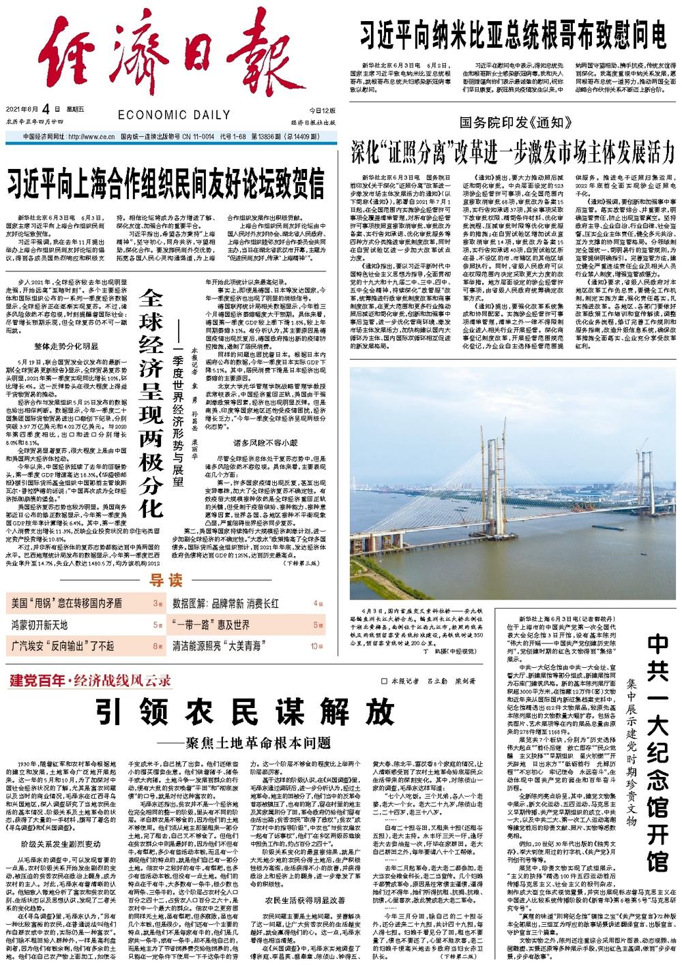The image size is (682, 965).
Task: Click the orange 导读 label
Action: [166, 581]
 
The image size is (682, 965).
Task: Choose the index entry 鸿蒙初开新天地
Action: [39, 624]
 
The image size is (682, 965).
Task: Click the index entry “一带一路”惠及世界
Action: [211, 624]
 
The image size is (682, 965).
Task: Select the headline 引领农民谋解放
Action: [244, 712]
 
